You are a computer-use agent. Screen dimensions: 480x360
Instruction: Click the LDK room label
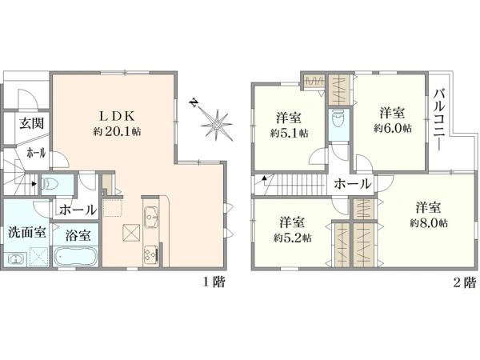tap(116, 116)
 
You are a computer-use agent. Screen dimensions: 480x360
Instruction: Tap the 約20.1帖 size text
tap(118, 131)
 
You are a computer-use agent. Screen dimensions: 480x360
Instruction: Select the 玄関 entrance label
tap(32, 122)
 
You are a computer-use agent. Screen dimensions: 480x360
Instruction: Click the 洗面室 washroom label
tap(27, 233)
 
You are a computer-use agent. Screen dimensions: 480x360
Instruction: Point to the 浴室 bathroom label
tap(78, 235)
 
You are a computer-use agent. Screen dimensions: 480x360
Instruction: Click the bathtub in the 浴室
tap(76, 256)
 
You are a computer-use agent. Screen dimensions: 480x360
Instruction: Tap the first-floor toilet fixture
tap(50, 185)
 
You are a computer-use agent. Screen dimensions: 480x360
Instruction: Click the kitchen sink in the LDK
tap(150, 217)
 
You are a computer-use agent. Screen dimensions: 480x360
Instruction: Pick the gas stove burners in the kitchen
tap(151, 254)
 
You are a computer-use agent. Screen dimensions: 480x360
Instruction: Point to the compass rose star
tap(217, 125)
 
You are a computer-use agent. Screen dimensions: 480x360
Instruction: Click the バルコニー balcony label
tap(439, 119)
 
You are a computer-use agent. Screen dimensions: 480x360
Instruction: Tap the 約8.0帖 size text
tap(429, 223)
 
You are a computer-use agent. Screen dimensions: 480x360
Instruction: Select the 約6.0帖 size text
tap(393, 128)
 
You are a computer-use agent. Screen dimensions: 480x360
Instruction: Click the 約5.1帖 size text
tap(289, 133)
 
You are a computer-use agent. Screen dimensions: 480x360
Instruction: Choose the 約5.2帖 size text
tap(292, 238)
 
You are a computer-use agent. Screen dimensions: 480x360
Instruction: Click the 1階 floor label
tap(214, 282)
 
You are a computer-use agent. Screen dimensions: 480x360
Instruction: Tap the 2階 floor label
tap(465, 282)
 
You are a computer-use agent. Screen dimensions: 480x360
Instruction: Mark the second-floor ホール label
tap(352, 184)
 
